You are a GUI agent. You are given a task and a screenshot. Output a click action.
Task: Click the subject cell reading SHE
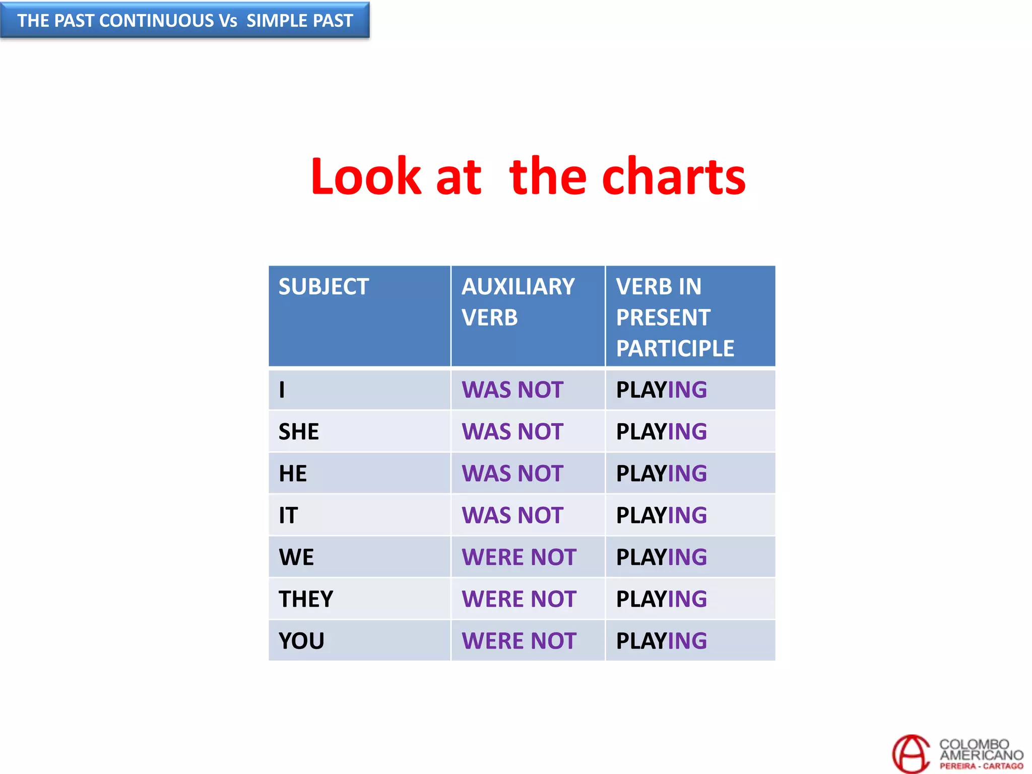point(299,432)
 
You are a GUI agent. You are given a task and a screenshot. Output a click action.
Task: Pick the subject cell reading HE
point(293,474)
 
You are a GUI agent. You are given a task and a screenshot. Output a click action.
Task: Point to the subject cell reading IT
point(288,515)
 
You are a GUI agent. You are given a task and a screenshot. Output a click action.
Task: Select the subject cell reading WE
point(296,557)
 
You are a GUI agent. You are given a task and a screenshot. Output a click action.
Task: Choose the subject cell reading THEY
point(306,599)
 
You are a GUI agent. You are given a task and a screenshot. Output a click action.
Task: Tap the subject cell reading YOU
point(301,641)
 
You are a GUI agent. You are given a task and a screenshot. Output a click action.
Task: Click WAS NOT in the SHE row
point(512,432)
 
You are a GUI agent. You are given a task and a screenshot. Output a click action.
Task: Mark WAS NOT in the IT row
point(512,515)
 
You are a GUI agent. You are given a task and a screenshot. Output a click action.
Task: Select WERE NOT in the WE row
point(519,557)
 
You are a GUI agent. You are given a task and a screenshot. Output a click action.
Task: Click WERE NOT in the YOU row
point(519,641)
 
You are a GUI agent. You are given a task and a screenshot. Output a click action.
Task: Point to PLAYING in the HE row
point(661,474)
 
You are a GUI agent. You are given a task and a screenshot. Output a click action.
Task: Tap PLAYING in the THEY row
point(661,599)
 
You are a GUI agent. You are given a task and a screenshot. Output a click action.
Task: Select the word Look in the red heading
point(366,176)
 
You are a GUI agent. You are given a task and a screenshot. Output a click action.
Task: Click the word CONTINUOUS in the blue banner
point(157,21)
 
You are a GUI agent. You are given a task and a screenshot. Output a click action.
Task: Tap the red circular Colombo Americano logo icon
point(911,754)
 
